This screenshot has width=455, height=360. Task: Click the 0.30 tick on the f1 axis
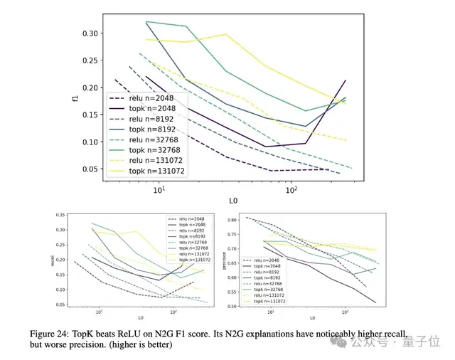coord(90,33)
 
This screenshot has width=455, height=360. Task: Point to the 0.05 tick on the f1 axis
coord(90,169)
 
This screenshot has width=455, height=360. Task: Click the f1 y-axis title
coord(75,101)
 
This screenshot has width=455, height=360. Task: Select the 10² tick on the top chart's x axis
coord(291,191)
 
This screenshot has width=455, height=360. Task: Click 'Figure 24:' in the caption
coord(73,334)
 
